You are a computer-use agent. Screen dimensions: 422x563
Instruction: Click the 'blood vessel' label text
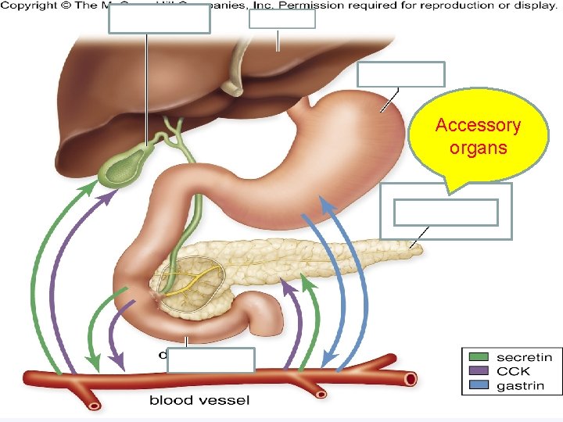199,401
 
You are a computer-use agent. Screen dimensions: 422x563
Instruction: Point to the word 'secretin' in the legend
524,357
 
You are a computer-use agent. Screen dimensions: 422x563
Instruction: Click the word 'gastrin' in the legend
521,385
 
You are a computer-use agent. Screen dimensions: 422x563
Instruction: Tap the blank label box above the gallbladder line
159,18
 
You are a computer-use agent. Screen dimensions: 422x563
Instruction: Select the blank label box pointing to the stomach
400,74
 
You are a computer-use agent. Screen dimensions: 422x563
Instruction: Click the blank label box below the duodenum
211,360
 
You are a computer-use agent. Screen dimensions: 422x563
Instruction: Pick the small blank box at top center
281,19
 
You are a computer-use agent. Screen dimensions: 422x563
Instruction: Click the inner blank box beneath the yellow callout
446,212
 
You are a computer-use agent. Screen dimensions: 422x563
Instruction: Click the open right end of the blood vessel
410,379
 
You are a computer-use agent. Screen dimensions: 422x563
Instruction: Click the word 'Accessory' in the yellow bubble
478,126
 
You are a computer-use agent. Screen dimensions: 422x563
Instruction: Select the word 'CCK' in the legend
513,371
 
